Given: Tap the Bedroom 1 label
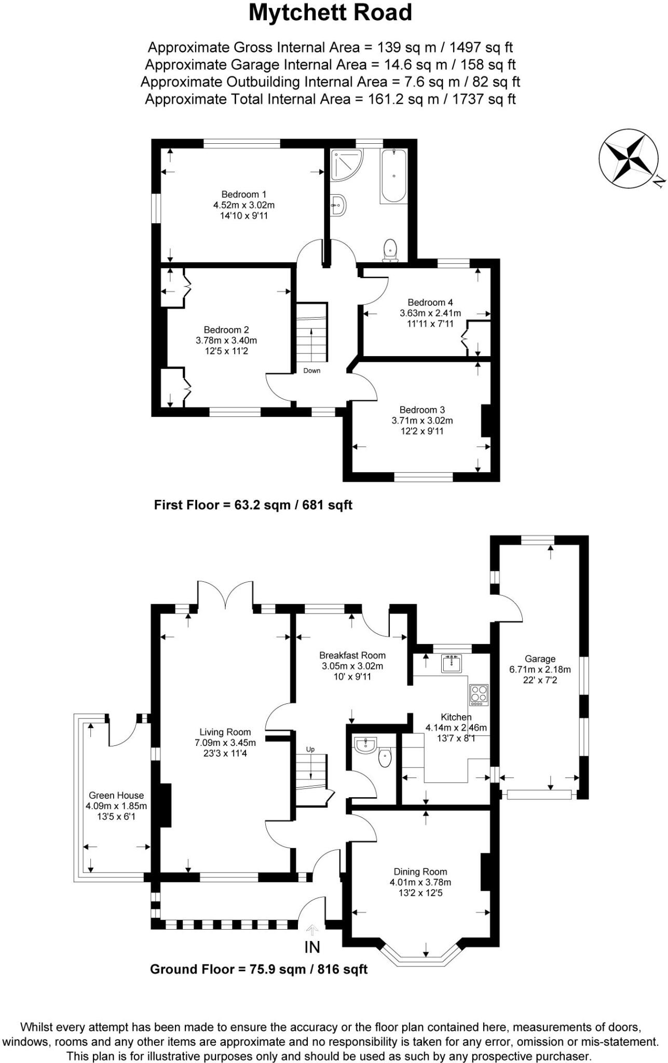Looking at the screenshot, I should pyautogui.click(x=243, y=195).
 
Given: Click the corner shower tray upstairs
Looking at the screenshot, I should pyautogui.click(x=345, y=165).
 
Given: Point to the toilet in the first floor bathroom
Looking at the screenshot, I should pyautogui.click(x=389, y=249).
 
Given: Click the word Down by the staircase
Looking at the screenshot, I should pyautogui.click(x=312, y=371).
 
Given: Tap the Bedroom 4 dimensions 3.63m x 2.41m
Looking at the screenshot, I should pyautogui.click(x=430, y=313).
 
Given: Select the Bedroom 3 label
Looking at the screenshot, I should pyautogui.click(x=421, y=410).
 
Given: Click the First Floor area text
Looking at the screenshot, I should pyautogui.click(x=253, y=505).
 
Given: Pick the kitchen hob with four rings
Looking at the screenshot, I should pyautogui.click(x=479, y=694).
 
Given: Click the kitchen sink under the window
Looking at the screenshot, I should pyautogui.click(x=452, y=663).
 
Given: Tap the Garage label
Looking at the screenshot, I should pyautogui.click(x=539, y=659).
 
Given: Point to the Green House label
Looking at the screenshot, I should pyautogui.click(x=116, y=795).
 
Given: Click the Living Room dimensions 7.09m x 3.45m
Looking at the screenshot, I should pyautogui.click(x=225, y=743).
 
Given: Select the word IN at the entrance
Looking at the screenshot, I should pyautogui.click(x=312, y=947).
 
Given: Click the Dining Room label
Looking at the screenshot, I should pyautogui.click(x=420, y=872).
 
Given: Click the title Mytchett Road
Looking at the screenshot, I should pyautogui.click(x=330, y=12).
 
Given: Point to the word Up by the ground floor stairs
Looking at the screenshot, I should pyautogui.click(x=310, y=749).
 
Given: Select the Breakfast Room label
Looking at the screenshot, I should pyautogui.click(x=352, y=656).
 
